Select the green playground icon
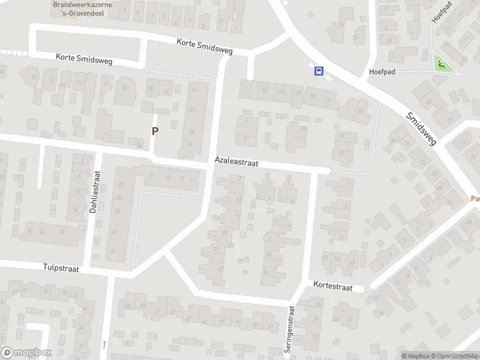tap(442, 65)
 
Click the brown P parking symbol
tap(155, 130)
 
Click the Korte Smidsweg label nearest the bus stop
tap(205, 47)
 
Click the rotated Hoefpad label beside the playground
tap(437, 12)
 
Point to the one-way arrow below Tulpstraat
tap(104, 344)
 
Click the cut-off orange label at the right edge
tap(475, 198)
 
